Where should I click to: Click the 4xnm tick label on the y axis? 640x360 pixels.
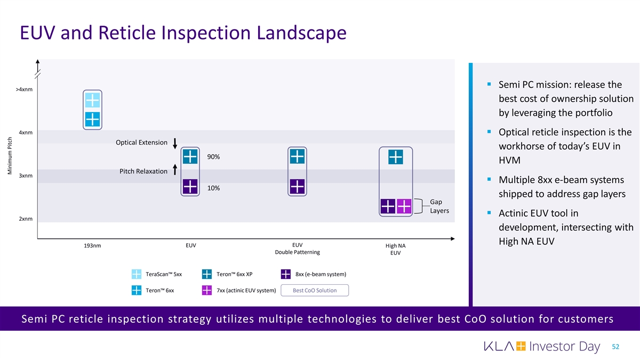25,132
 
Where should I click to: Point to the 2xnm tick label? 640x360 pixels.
25,219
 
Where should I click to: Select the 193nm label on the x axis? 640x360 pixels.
92,246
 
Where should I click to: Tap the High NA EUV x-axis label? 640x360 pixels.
395,249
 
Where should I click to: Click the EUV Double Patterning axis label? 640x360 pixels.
297,249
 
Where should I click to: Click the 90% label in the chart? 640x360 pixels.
213,157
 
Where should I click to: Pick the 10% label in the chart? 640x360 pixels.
213,188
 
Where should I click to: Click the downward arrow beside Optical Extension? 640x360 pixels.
175,144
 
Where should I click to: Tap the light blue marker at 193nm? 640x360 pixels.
92,100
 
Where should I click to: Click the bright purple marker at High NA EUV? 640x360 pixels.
404,206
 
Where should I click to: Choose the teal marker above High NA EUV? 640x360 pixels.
396,157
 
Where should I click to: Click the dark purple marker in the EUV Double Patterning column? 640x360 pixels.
297,187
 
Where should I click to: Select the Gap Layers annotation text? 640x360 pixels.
439,206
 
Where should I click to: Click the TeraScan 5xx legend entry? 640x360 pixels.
157,275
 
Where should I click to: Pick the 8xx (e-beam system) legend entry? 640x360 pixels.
313,275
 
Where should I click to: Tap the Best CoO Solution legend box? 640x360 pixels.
315,291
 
